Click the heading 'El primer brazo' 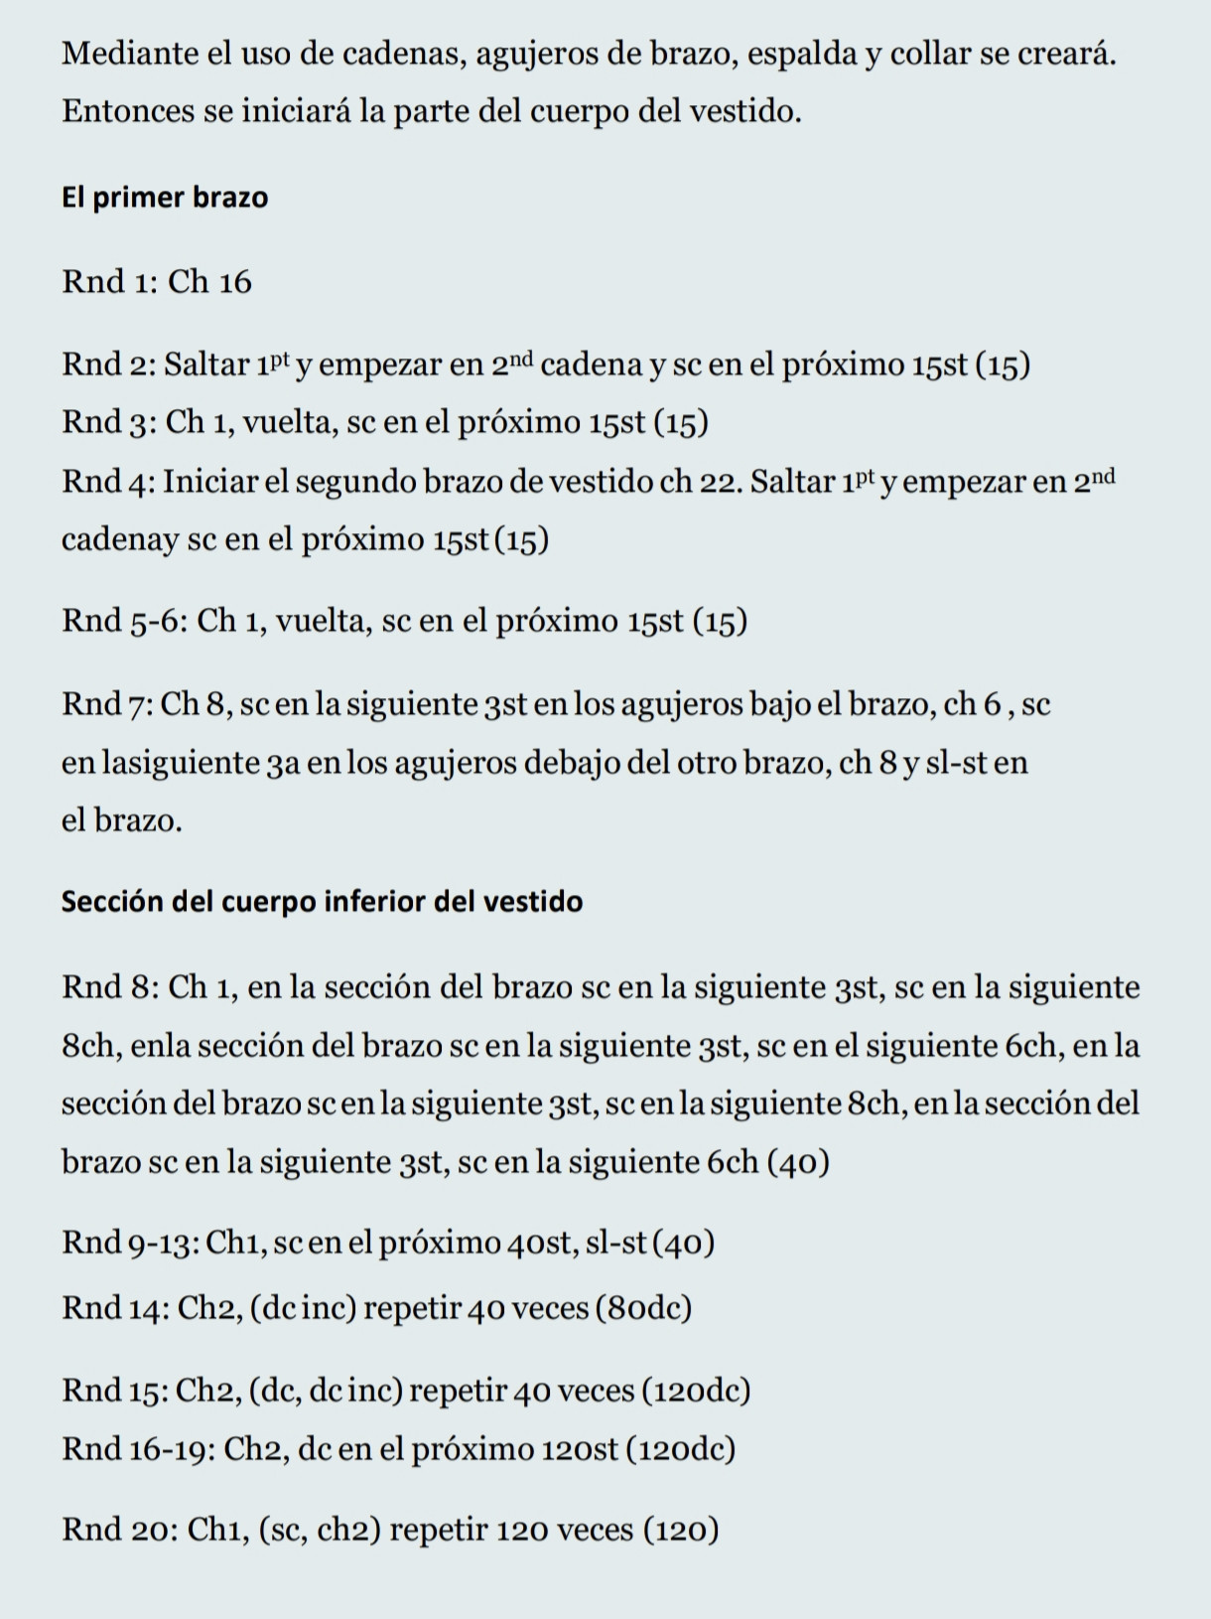(165, 198)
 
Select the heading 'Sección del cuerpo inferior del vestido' (322, 902)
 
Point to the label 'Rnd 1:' (108, 282)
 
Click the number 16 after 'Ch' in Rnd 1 (234, 282)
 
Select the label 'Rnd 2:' (108, 365)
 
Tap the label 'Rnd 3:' (108, 423)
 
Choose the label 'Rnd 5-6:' (124, 621)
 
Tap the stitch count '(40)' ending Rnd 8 (799, 1162)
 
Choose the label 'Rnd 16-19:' (138, 1449)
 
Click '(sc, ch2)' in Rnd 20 (320, 1530)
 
